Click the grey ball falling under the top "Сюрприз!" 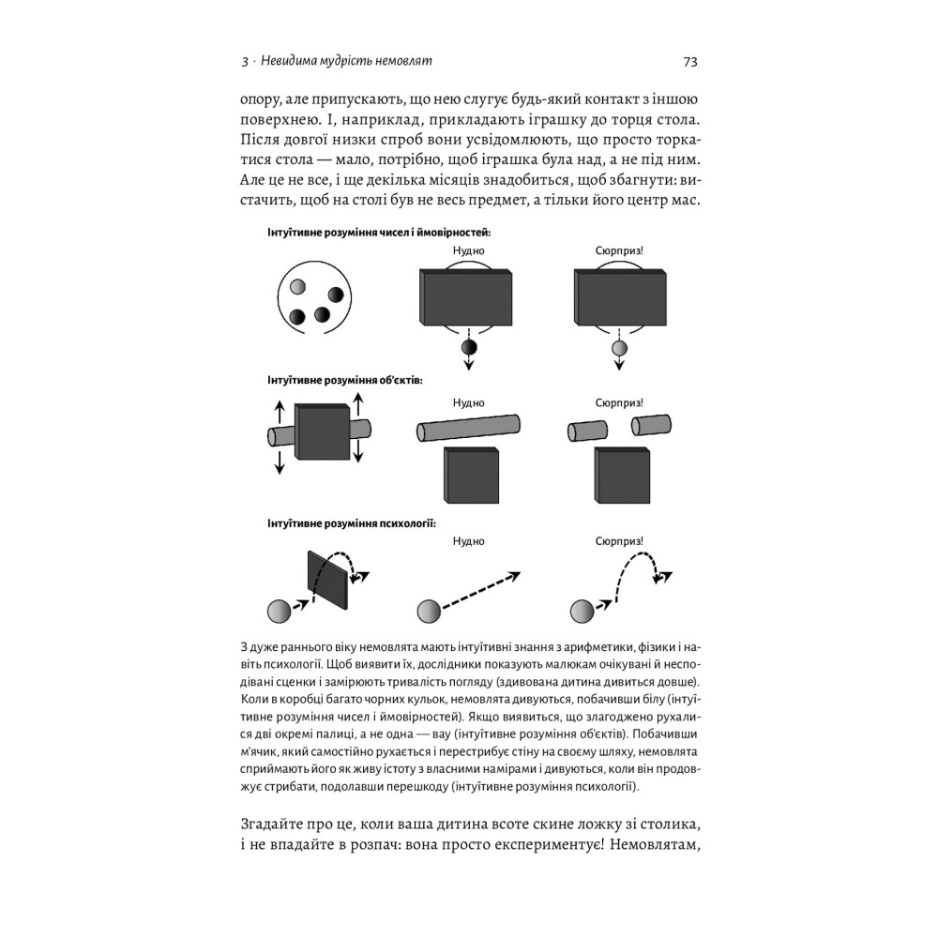click(x=618, y=350)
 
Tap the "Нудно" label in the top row click(x=468, y=251)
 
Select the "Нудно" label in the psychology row click(x=468, y=541)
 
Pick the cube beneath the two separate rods click(x=623, y=475)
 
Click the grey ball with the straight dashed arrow click(x=429, y=612)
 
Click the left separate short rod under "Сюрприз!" click(x=583, y=431)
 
